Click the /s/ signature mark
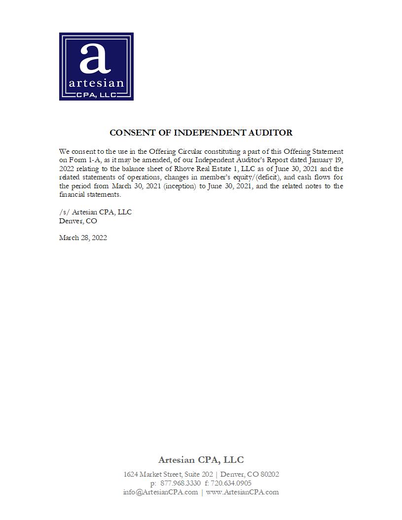point(64,212)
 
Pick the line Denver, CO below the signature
point(78,221)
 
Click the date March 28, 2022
point(83,238)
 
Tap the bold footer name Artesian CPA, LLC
point(201,460)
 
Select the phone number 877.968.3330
point(181,483)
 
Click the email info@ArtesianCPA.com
point(160,492)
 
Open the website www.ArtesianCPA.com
point(242,492)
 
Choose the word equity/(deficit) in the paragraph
point(254,177)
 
